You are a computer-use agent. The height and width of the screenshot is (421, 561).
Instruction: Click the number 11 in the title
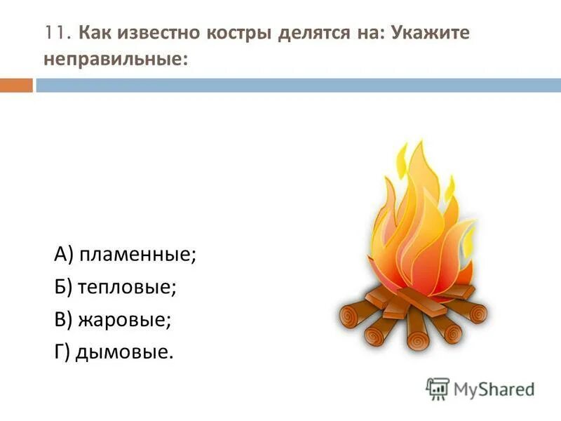[56, 33]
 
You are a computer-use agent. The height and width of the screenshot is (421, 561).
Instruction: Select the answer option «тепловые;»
[126, 288]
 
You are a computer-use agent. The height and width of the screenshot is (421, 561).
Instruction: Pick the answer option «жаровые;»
[124, 320]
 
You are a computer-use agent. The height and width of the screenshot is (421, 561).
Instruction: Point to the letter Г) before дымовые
[62, 352]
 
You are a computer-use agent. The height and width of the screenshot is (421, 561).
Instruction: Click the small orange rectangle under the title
[16, 85]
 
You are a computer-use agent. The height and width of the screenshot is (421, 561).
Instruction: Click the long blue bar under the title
[298, 85]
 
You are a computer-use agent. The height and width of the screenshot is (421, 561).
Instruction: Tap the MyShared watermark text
[493, 388]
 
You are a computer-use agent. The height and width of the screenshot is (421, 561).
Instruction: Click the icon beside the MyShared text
[438, 388]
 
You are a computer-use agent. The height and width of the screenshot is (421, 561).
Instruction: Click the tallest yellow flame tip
[419, 151]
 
